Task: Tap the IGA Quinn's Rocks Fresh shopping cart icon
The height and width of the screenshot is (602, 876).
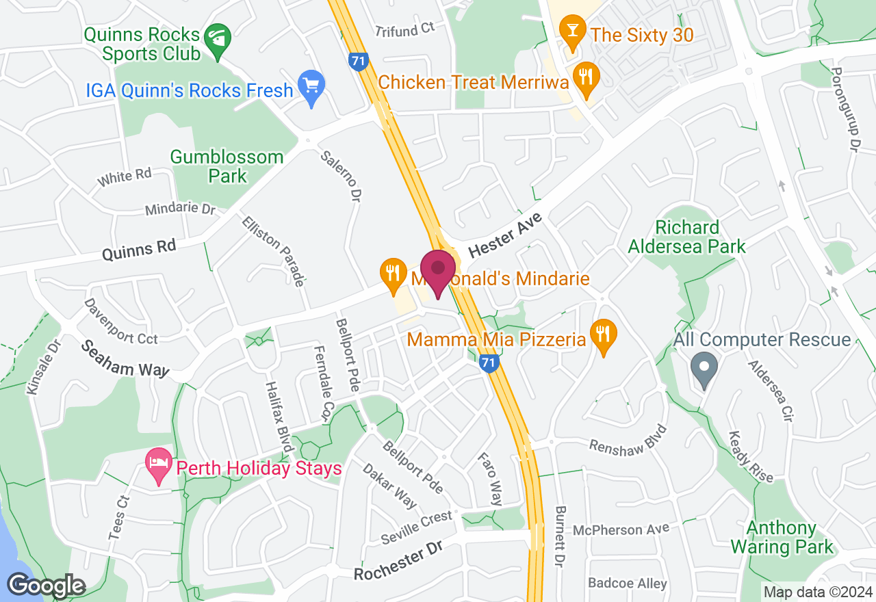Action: pyautogui.click(x=311, y=87)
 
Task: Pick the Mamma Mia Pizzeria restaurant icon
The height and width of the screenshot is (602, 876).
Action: pyautogui.click(x=603, y=335)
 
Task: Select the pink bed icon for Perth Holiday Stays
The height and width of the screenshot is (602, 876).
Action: pyautogui.click(x=159, y=464)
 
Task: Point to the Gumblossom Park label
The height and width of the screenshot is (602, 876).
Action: pyautogui.click(x=227, y=166)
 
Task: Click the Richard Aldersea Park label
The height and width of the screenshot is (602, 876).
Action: pyautogui.click(x=687, y=237)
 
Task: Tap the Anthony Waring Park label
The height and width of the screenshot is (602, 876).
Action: pyautogui.click(x=782, y=538)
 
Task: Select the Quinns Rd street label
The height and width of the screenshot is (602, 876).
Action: pyautogui.click(x=139, y=250)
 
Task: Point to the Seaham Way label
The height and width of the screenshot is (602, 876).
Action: pyautogui.click(x=125, y=358)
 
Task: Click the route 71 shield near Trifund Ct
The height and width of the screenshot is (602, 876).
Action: pyautogui.click(x=357, y=60)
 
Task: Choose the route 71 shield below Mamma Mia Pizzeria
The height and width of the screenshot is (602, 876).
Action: pyautogui.click(x=488, y=363)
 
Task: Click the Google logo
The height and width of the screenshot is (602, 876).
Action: pyautogui.click(x=46, y=586)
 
